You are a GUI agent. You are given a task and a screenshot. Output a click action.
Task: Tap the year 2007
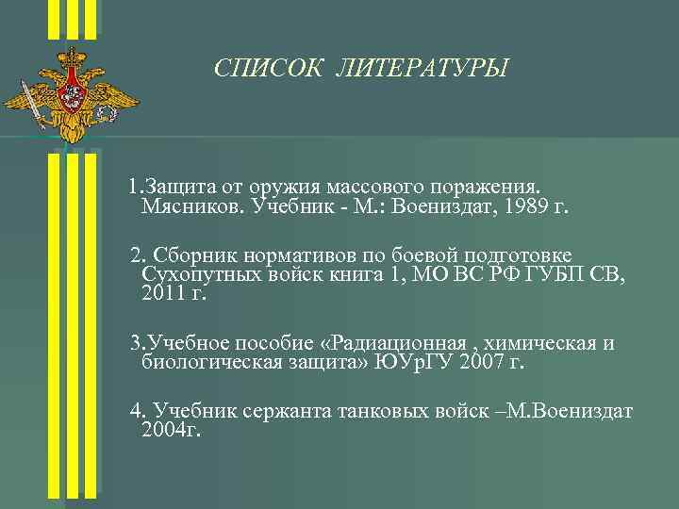point(489,361)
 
